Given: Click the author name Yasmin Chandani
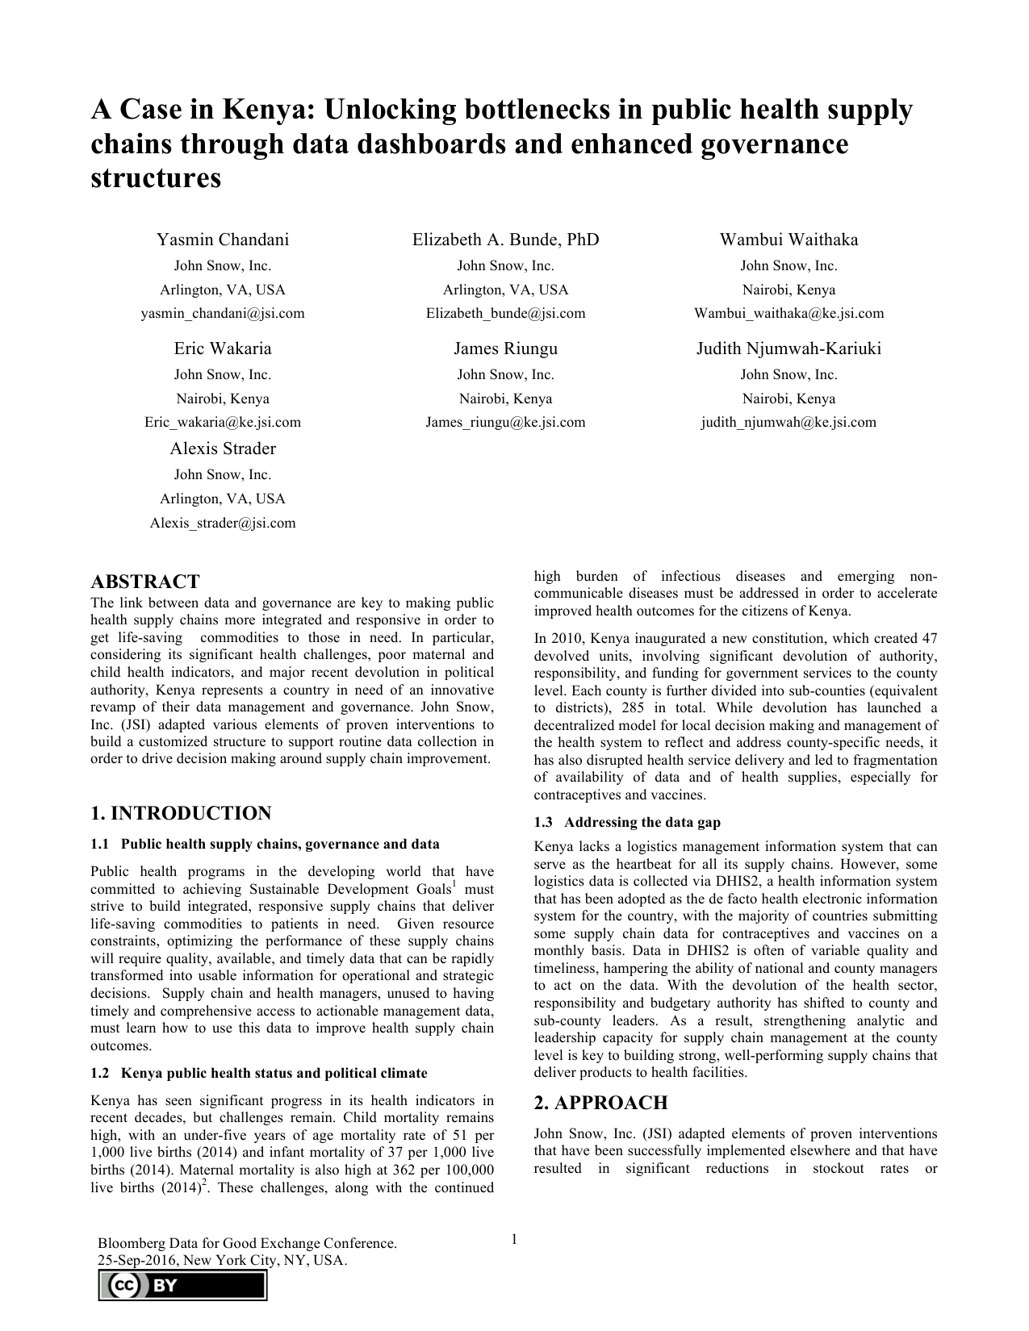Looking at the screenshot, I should point(223,240).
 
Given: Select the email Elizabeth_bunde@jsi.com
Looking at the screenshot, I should point(505,313).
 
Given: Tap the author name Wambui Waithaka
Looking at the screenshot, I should point(788,240).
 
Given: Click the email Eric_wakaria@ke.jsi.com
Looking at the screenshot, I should point(223,422).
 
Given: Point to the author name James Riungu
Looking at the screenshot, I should point(505,348).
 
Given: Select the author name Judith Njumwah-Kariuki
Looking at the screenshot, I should point(788,348).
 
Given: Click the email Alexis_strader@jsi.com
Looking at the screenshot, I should point(223,523).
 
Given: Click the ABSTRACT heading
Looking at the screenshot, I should point(145,582).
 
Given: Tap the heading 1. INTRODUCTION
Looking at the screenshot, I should point(181,813).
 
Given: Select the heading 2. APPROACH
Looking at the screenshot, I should point(600,1103).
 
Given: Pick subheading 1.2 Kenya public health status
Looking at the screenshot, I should point(259,1073).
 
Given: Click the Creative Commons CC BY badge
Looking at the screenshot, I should point(182,1286).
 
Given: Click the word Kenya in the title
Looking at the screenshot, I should point(264,109).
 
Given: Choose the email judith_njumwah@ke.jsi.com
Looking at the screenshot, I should point(788,422).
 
